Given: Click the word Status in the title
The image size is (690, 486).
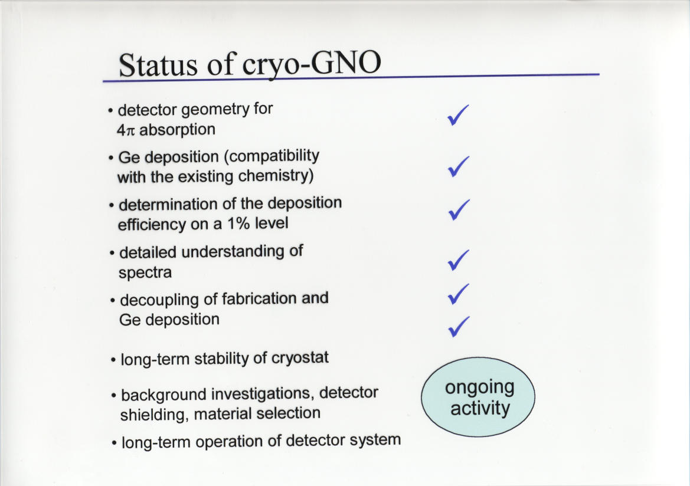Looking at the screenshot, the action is pyautogui.click(x=158, y=65).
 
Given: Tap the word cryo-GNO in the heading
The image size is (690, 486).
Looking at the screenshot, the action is pyautogui.click(x=312, y=64).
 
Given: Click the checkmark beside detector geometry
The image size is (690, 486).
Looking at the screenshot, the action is pyautogui.click(x=458, y=115).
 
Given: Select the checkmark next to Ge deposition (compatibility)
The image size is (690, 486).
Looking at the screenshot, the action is pyautogui.click(x=459, y=166).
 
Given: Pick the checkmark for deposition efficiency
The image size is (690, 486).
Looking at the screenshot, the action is pyautogui.click(x=459, y=209).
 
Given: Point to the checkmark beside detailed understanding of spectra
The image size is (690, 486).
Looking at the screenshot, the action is pyautogui.click(x=459, y=260).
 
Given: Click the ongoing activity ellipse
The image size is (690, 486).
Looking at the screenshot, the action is pyautogui.click(x=478, y=397).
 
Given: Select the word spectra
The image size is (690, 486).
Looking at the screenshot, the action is pyautogui.click(x=145, y=273).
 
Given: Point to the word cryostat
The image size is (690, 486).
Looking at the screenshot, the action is pyautogui.click(x=300, y=357).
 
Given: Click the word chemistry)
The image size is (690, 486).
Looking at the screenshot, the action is pyautogui.click(x=276, y=176).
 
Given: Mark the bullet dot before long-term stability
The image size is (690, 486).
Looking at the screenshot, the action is pyautogui.click(x=113, y=360).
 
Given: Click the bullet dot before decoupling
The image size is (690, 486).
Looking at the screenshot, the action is pyautogui.click(x=113, y=301).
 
